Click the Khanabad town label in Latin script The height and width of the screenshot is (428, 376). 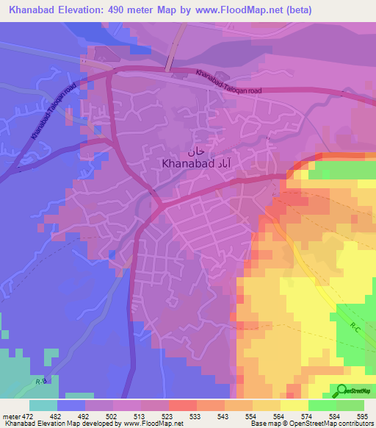(187, 164)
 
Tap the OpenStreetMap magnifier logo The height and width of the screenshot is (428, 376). (341, 390)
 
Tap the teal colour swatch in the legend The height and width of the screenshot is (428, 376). (43, 405)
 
